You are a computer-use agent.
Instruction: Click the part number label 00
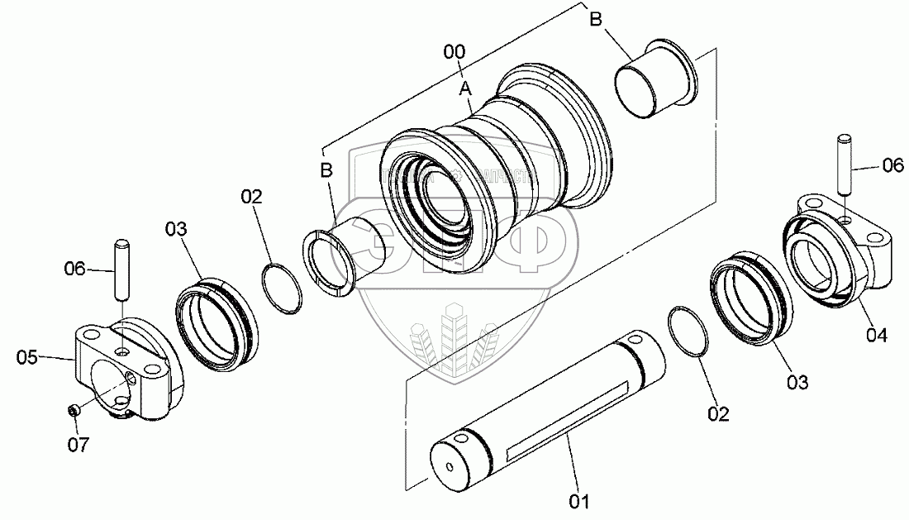click(x=454, y=52)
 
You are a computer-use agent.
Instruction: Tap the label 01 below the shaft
click(x=578, y=500)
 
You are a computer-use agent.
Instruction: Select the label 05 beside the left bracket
click(x=27, y=357)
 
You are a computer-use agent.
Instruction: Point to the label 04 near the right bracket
click(x=877, y=335)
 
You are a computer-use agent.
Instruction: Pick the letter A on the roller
click(x=465, y=87)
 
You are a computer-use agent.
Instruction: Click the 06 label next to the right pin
click(x=893, y=165)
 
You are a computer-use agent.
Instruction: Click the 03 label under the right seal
click(x=797, y=382)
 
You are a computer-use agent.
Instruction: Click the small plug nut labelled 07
click(x=73, y=411)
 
